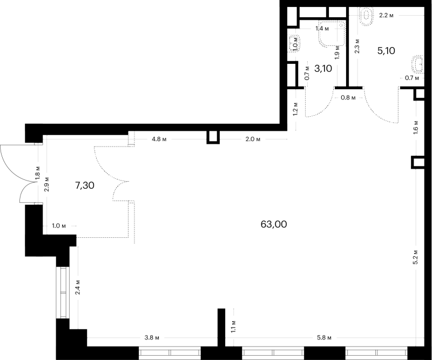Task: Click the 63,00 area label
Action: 274,224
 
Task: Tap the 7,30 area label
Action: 85,185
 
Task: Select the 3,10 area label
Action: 323,69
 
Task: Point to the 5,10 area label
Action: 386,51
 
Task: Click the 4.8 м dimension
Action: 159,139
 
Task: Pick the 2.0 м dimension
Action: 253,139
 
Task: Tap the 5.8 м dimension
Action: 324,338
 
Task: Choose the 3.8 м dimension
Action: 152,338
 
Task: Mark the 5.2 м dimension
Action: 416,257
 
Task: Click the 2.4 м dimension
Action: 78,287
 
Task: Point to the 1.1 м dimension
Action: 234,326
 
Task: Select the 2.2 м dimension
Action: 386,16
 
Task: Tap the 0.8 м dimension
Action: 348,98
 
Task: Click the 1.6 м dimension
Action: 416,127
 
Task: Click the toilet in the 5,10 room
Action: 366,17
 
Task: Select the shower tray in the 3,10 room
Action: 332,33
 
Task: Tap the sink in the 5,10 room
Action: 418,64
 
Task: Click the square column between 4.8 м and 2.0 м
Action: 213,137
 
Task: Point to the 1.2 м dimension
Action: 295,109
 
